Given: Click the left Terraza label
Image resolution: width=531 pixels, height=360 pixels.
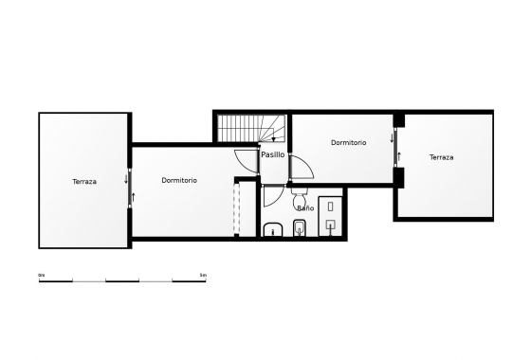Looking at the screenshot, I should (x=84, y=181).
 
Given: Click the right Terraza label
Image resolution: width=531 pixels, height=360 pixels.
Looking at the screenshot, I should (x=441, y=157).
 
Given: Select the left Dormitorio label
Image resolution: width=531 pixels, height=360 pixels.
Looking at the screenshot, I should (x=179, y=180).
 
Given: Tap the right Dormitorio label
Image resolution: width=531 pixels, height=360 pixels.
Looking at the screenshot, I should (x=348, y=142).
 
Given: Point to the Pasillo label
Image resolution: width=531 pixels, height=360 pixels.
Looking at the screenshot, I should (x=273, y=153).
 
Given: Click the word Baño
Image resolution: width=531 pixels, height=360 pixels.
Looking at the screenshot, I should (x=304, y=207).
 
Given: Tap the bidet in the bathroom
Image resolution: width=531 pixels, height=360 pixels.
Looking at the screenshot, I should (x=299, y=228).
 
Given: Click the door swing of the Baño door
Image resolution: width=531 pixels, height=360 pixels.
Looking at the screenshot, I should (x=272, y=197).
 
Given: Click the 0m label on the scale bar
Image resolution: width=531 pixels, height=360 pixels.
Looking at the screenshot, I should (x=42, y=275).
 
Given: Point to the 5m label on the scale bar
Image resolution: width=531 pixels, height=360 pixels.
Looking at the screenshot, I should (x=203, y=275).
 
